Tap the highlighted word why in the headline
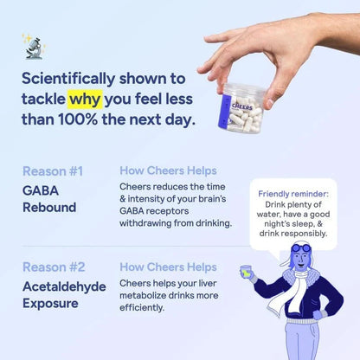pyautogui.click(x=111, y=97)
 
